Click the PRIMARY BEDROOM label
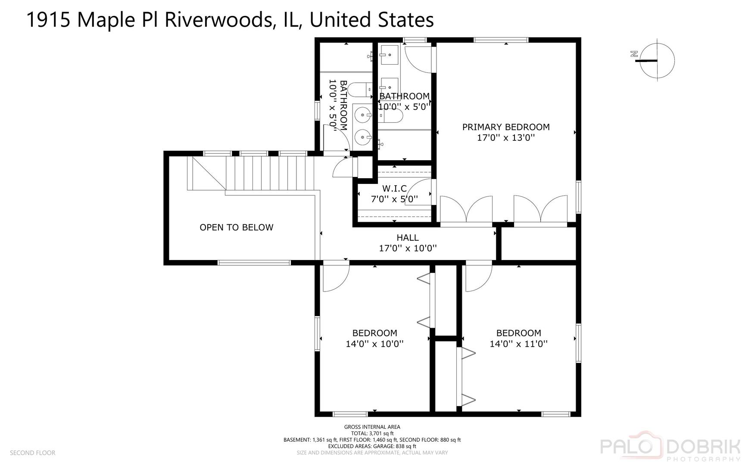(x=506, y=127)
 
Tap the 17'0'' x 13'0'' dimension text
(x=506, y=138)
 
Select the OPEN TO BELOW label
(x=236, y=227)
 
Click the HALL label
(x=408, y=237)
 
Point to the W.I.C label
(x=394, y=189)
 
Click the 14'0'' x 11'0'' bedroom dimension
(x=518, y=344)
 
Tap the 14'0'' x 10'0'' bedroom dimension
(x=374, y=344)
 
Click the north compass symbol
(x=656, y=60)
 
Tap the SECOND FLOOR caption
(x=33, y=453)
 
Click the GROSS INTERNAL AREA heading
(x=372, y=427)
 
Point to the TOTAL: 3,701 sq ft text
(x=372, y=434)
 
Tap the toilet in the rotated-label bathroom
(x=358, y=90)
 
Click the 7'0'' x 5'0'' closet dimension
(x=394, y=199)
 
